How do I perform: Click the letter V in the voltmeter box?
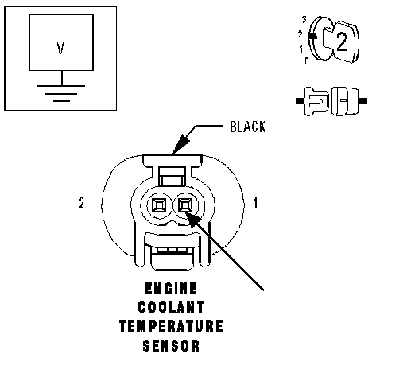pyautogui.click(x=60, y=49)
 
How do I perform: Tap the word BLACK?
pyautogui.click(x=247, y=127)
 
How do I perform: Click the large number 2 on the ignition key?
pyautogui.click(x=342, y=41)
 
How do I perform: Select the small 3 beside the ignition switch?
pyautogui.click(x=304, y=19)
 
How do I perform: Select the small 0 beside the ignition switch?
pyautogui.click(x=307, y=61)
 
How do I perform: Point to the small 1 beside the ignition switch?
pyautogui.click(x=301, y=49)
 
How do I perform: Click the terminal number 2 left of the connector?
pyautogui.click(x=82, y=203)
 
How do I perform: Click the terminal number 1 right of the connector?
pyautogui.click(x=255, y=203)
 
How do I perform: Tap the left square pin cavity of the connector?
pyautogui.click(x=159, y=205)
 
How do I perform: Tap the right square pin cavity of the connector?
pyautogui.click(x=185, y=205)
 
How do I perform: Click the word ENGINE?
pyautogui.click(x=171, y=289)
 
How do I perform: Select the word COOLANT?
pyautogui.click(x=171, y=307)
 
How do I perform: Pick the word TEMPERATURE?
pyautogui.click(x=171, y=326)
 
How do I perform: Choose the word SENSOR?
pyautogui.click(x=171, y=346)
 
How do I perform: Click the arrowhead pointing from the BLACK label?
pyautogui.click(x=180, y=144)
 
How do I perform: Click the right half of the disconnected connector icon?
pyautogui.click(x=349, y=101)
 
